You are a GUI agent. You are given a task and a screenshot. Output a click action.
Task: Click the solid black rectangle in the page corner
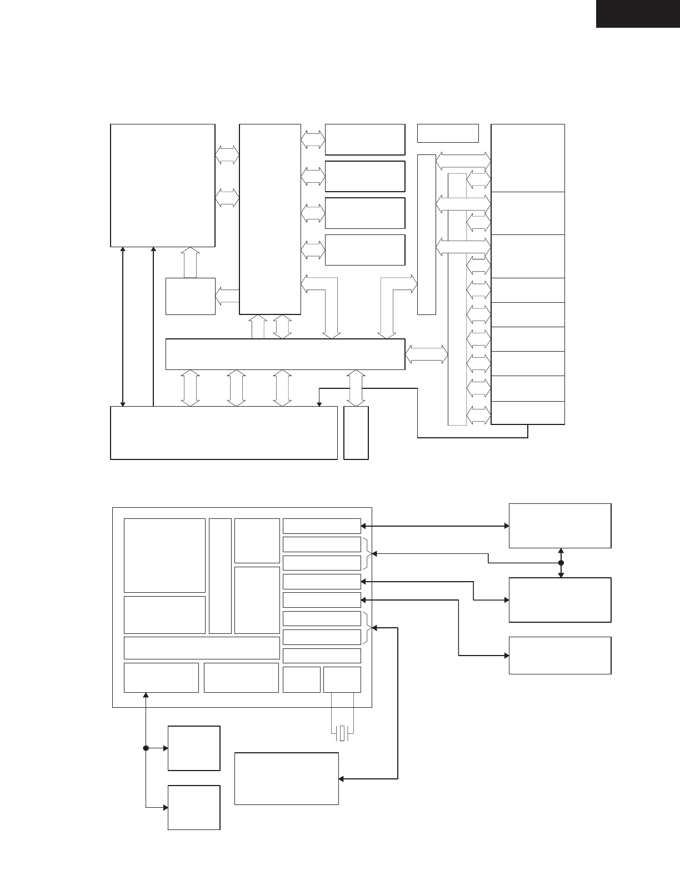coord(638,13)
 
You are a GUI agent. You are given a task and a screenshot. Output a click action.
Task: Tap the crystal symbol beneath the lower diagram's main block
coord(342,733)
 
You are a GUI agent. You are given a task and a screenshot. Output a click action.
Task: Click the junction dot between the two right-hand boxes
coord(561,563)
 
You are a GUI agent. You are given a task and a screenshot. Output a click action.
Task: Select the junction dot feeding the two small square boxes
coord(146,748)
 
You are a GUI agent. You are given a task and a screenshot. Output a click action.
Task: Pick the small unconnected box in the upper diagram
coord(447,133)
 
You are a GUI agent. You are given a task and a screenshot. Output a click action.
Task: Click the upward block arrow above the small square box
coord(190,262)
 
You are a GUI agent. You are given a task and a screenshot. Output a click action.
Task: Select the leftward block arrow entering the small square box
coord(227,296)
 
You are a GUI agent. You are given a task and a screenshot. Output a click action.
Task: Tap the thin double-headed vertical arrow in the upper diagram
coord(123,326)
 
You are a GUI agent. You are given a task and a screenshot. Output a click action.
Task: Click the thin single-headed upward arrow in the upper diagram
coord(153,326)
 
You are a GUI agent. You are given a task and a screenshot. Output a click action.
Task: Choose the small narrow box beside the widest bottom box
coord(356,433)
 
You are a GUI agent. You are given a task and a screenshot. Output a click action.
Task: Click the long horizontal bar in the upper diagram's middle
coord(285,354)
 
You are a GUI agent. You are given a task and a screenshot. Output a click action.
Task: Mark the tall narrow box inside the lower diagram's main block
coord(220,576)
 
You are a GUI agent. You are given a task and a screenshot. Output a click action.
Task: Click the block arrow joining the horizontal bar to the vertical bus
coord(427,354)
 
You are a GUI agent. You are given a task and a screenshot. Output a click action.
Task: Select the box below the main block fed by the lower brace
coord(286,778)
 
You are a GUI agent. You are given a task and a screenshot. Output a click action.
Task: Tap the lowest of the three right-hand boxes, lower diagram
coord(560,656)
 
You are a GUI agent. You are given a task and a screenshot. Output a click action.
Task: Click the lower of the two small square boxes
coord(194,807)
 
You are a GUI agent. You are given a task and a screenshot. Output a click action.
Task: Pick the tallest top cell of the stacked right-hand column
coord(528,158)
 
